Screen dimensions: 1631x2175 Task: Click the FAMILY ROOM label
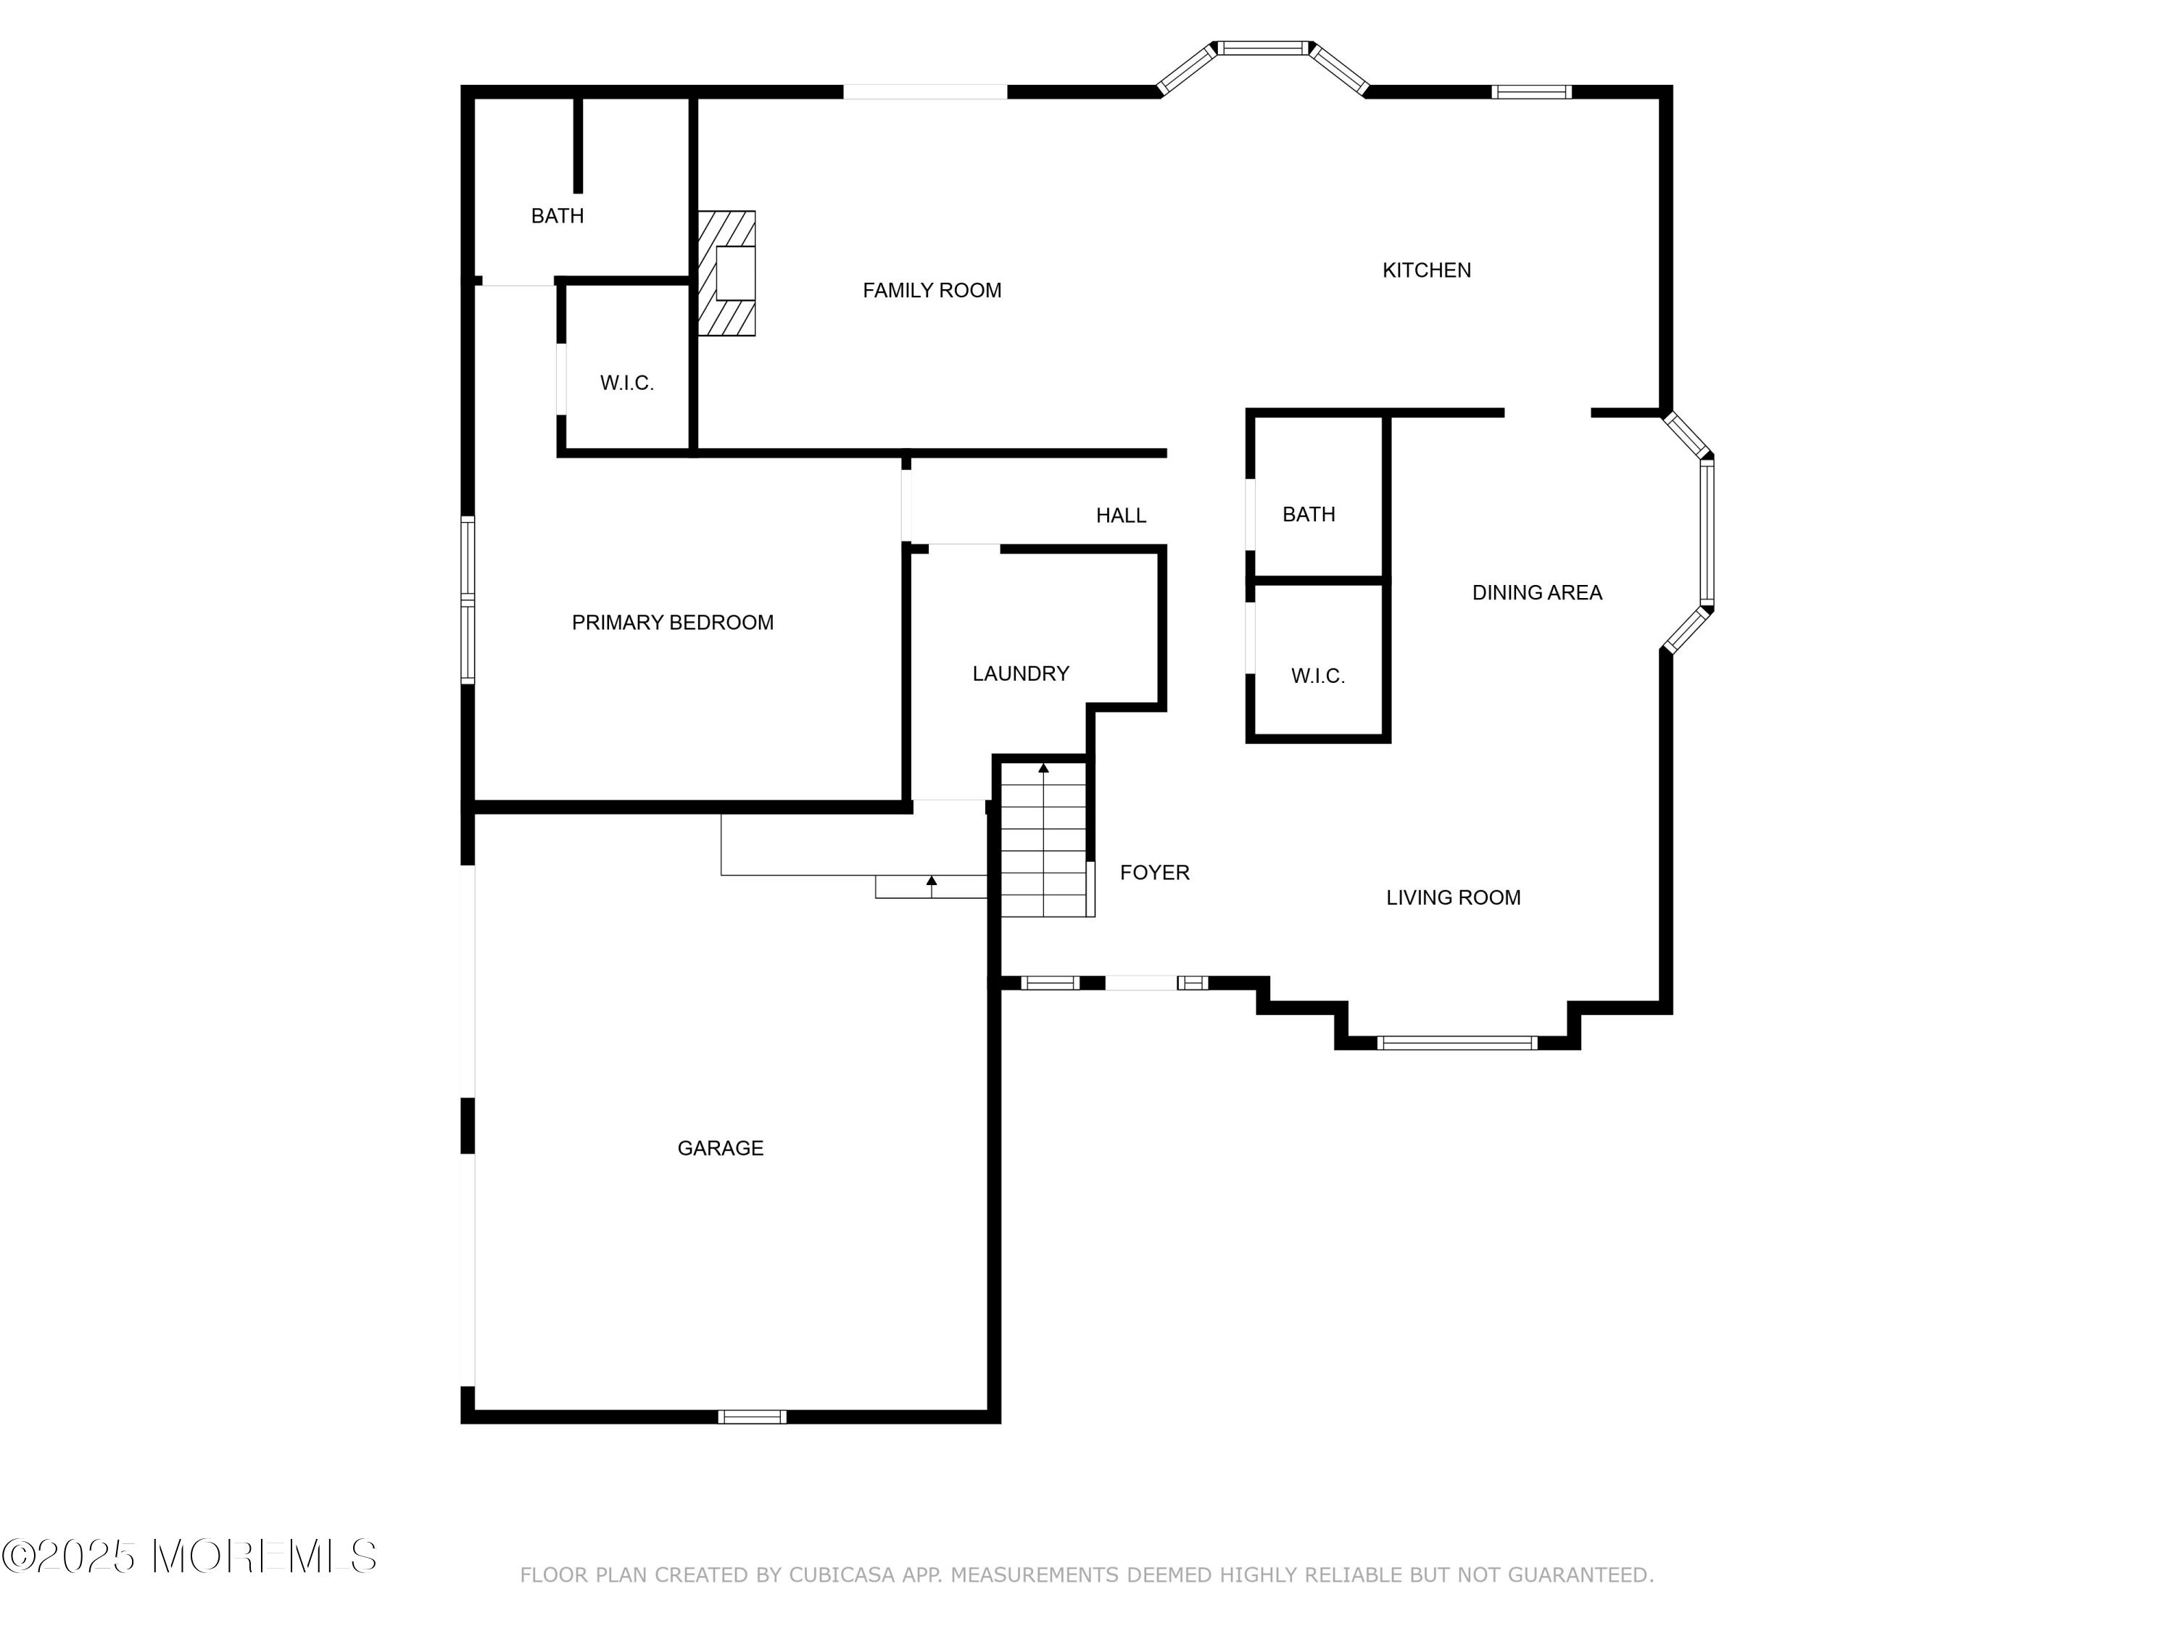point(931,290)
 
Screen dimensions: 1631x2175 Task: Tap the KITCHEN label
point(1426,270)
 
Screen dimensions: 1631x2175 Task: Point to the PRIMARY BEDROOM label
point(673,622)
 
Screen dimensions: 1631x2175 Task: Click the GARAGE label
point(720,1148)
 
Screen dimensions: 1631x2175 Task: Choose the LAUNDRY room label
point(1019,673)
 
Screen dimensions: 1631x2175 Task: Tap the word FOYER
point(1154,872)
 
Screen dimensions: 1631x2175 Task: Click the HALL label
point(1121,515)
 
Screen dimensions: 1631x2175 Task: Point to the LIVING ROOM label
point(1452,897)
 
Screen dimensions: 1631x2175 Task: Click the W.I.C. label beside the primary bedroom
point(626,383)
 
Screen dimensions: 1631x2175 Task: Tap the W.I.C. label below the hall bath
point(1317,676)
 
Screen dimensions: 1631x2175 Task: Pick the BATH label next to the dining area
point(1309,514)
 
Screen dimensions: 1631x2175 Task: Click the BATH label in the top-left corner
point(558,216)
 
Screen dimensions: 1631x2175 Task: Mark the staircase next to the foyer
point(1043,841)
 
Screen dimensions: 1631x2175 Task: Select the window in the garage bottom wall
point(751,1416)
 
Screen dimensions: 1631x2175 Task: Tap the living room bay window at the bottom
point(1457,1043)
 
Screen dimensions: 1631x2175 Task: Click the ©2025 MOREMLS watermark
point(188,1556)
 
